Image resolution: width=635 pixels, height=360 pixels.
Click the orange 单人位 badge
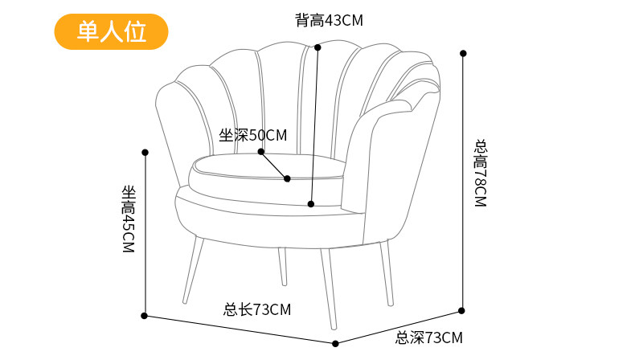111,31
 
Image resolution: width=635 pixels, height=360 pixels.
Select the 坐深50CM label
252,135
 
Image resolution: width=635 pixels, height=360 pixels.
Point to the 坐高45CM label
128,219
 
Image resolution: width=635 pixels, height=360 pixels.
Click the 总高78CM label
481,174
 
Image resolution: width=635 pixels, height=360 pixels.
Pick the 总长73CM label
257,309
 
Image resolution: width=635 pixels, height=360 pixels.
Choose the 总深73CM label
429,337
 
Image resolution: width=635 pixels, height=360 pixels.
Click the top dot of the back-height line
317,47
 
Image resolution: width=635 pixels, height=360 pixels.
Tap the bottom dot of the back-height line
312,203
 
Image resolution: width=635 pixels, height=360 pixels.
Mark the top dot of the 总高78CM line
463,53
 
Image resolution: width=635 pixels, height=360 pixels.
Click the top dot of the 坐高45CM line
145,152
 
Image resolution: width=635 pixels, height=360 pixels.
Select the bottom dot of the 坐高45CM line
145,316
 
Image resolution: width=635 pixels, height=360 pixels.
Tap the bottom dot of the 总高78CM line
462,309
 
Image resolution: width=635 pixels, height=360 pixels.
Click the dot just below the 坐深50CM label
261,151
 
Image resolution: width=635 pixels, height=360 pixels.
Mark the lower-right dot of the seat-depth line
288,178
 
